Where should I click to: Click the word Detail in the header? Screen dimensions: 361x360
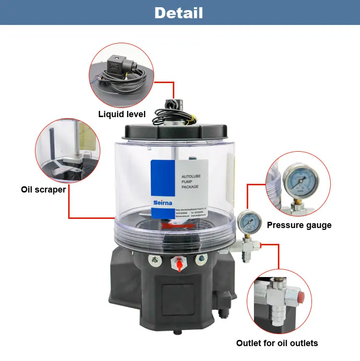click(179, 13)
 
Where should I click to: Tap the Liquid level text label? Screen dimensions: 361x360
click(122, 114)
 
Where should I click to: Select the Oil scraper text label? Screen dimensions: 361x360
click(43, 189)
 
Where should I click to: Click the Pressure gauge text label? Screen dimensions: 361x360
click(299, 225)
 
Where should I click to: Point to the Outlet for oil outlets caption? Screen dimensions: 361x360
click(277, 343)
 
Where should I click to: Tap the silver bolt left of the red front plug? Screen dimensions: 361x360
click(155, 260)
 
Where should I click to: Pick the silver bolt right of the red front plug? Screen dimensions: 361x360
click(199, 260)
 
